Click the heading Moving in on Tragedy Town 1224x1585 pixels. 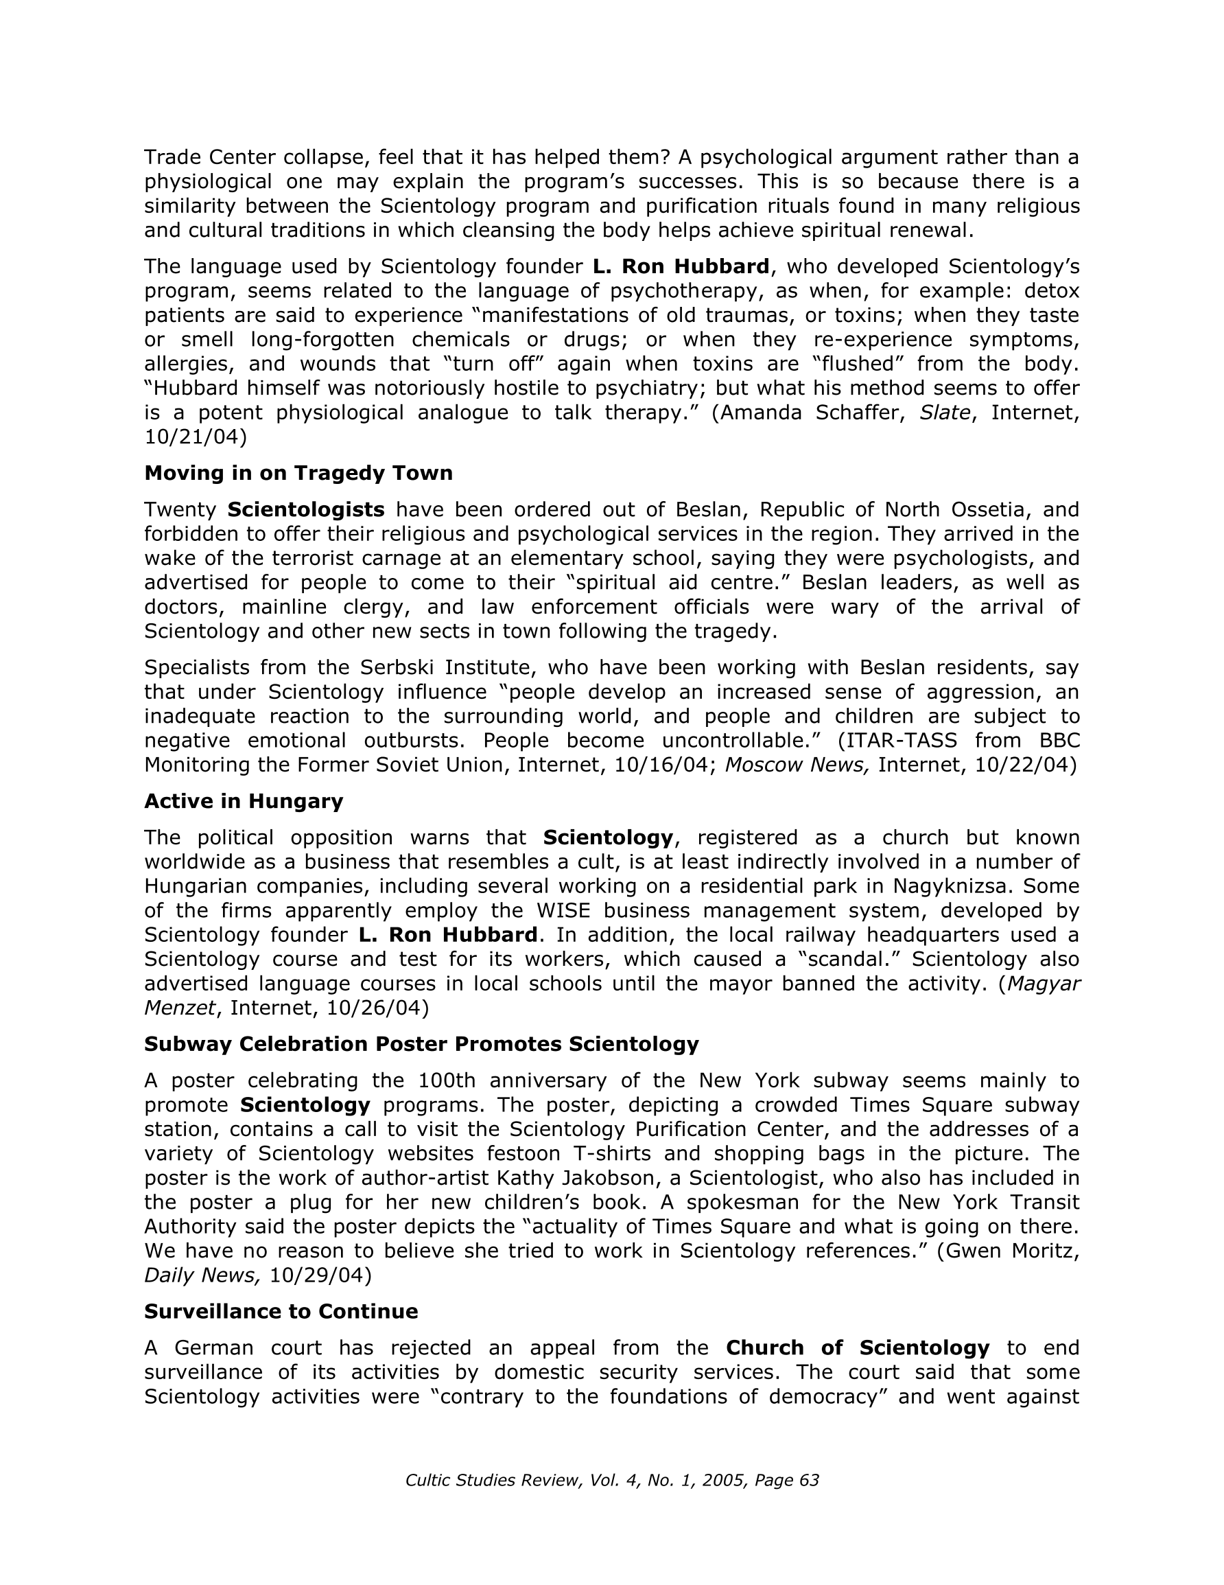(x=298, y=473)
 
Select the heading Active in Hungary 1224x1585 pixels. (x=243, y=801)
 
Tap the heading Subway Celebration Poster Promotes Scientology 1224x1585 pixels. (x=421, y=1044)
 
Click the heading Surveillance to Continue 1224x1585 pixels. (x=281, y=1311)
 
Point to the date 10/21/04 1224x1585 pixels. (x=190, y=437)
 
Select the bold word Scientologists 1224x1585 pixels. (x=305, y=509)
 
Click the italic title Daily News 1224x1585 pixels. (x=202, y=1275)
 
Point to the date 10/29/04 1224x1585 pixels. (x=320, y=1275)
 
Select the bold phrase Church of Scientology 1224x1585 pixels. (x=857, y=1347)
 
